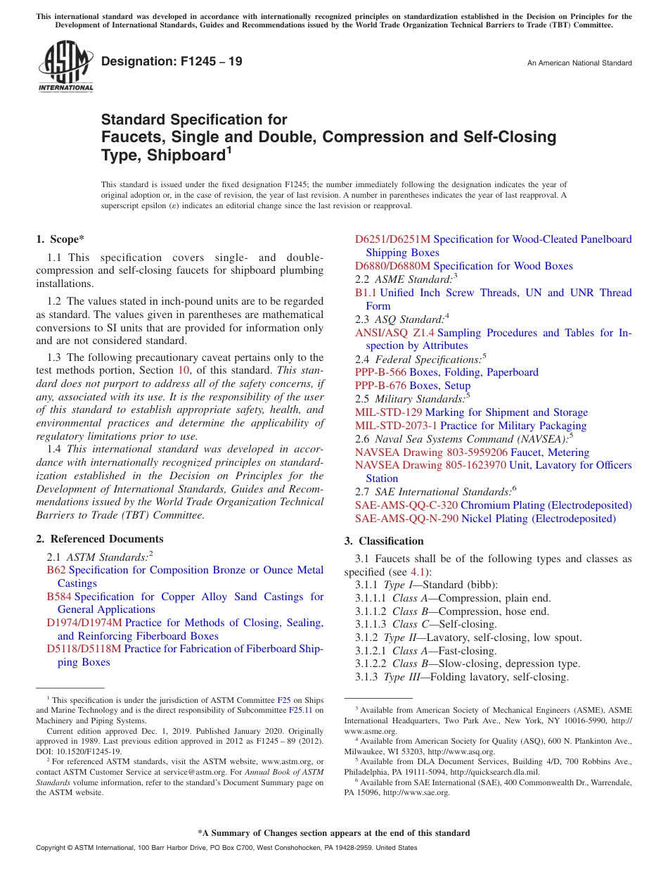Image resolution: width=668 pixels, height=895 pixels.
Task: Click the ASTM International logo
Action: tap(65, 67)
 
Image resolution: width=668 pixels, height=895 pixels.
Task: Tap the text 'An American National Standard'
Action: tap(579, 63)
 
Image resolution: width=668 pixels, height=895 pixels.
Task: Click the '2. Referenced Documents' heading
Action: tap(100, 539)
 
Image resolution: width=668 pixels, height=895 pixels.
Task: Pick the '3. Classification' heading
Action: tap(384, 541)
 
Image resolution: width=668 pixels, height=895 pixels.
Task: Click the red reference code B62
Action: tap(56, 570)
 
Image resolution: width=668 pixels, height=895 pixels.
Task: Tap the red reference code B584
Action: tap(59, 597)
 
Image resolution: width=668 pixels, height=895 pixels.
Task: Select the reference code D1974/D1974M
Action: tap(84, 623)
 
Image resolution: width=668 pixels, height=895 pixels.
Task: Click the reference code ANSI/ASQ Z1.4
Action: tap(394, 333)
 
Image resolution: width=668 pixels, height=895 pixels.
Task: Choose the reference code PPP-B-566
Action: tap(380, 372)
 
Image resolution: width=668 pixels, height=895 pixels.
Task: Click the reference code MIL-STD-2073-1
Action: tap(396, 426)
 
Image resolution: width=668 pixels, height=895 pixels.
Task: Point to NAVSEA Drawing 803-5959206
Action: tap(431, 452)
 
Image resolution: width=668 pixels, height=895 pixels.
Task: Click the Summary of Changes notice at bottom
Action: tap(333, 833)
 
